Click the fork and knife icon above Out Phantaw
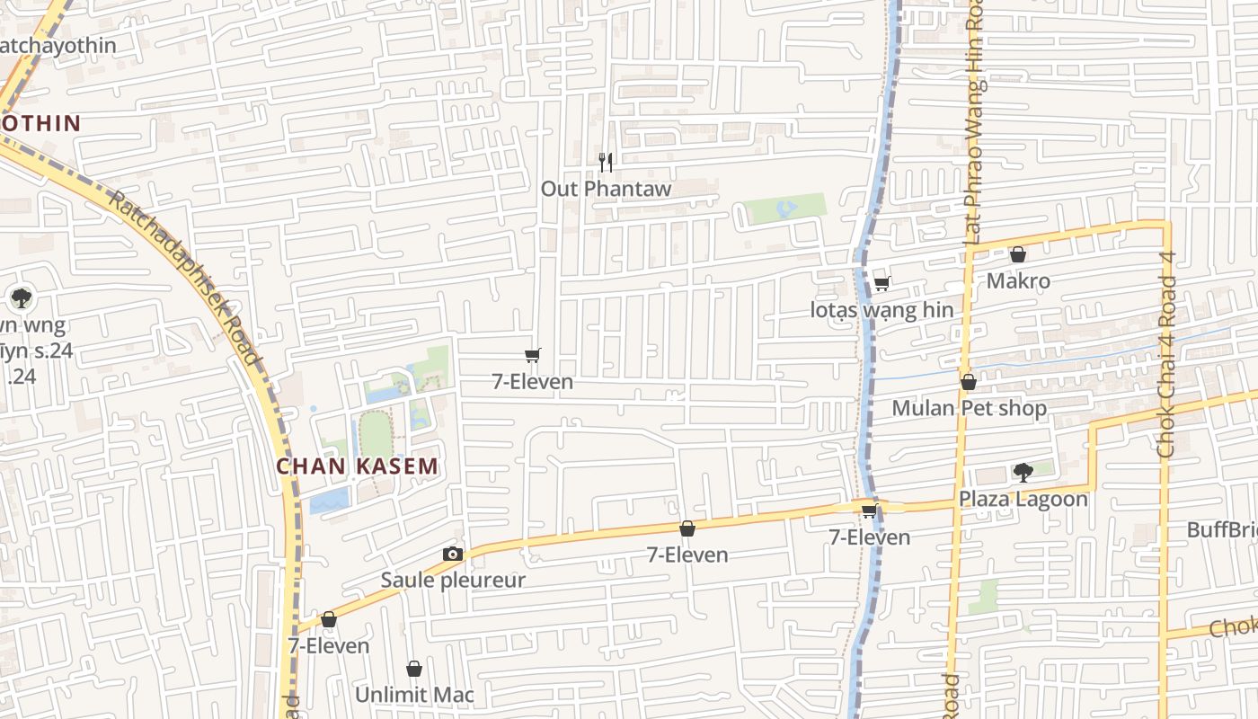[606, 163]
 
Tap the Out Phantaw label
[606, 189]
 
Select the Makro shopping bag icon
[1017, 255]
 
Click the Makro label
[1018, 281]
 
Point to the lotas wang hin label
[881, 311]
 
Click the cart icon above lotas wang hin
[881, 284]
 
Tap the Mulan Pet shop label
[969, 409]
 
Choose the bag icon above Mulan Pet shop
[968, 383]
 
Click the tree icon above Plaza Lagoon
[1022, 472]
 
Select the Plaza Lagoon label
[1023, 499]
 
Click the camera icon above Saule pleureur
[452, 554]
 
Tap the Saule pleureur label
[452, 580]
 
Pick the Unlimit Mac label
[414, 695]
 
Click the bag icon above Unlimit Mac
[414, 669]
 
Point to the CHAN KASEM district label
[357, 466]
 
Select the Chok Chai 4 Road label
[1166, 354]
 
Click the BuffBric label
[1221, 529]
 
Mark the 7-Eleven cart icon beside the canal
[869, 511]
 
